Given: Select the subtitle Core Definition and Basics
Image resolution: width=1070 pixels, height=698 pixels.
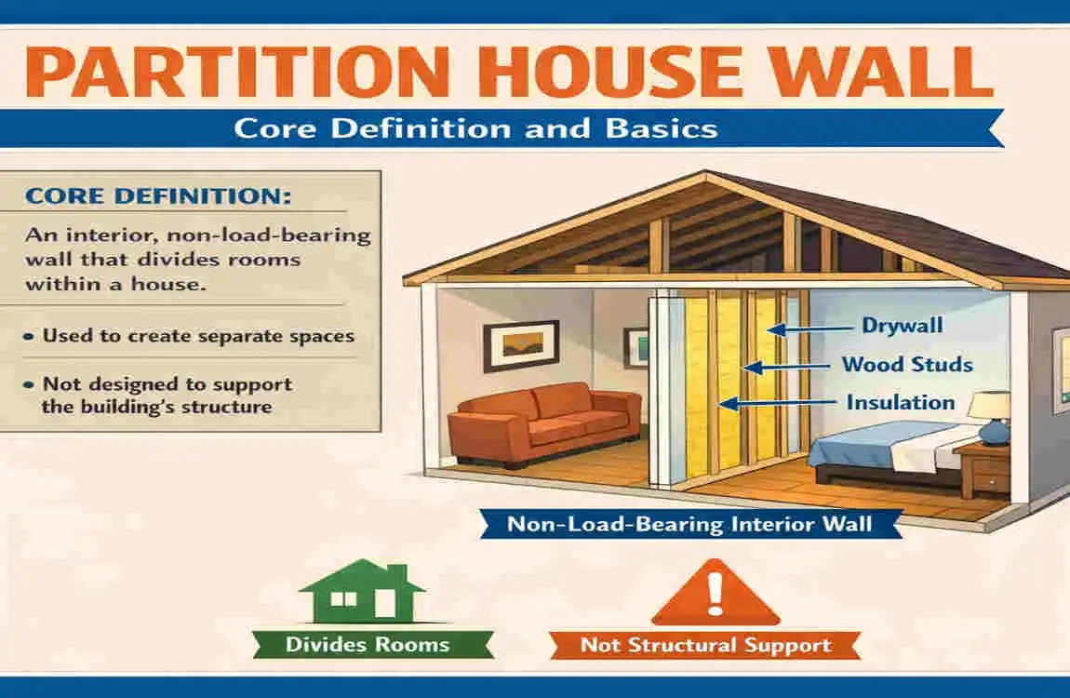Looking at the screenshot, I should (475, 128).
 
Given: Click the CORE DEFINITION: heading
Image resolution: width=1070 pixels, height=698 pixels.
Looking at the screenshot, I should (158, 197).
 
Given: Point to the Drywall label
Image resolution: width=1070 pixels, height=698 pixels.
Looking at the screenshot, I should (902, 327).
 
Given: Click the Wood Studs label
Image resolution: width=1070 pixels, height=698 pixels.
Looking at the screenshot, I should (907, 364).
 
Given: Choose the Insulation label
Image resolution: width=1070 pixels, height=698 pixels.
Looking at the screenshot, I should (900, 402).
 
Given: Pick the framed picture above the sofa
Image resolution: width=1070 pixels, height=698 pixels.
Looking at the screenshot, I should (521, 346).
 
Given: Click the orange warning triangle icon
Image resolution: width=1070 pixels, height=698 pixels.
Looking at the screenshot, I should (716, 593).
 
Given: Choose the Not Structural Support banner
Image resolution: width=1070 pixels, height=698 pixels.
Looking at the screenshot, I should (705, 645).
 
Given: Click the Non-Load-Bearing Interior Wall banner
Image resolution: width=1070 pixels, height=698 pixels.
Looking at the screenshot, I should (689, 524).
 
